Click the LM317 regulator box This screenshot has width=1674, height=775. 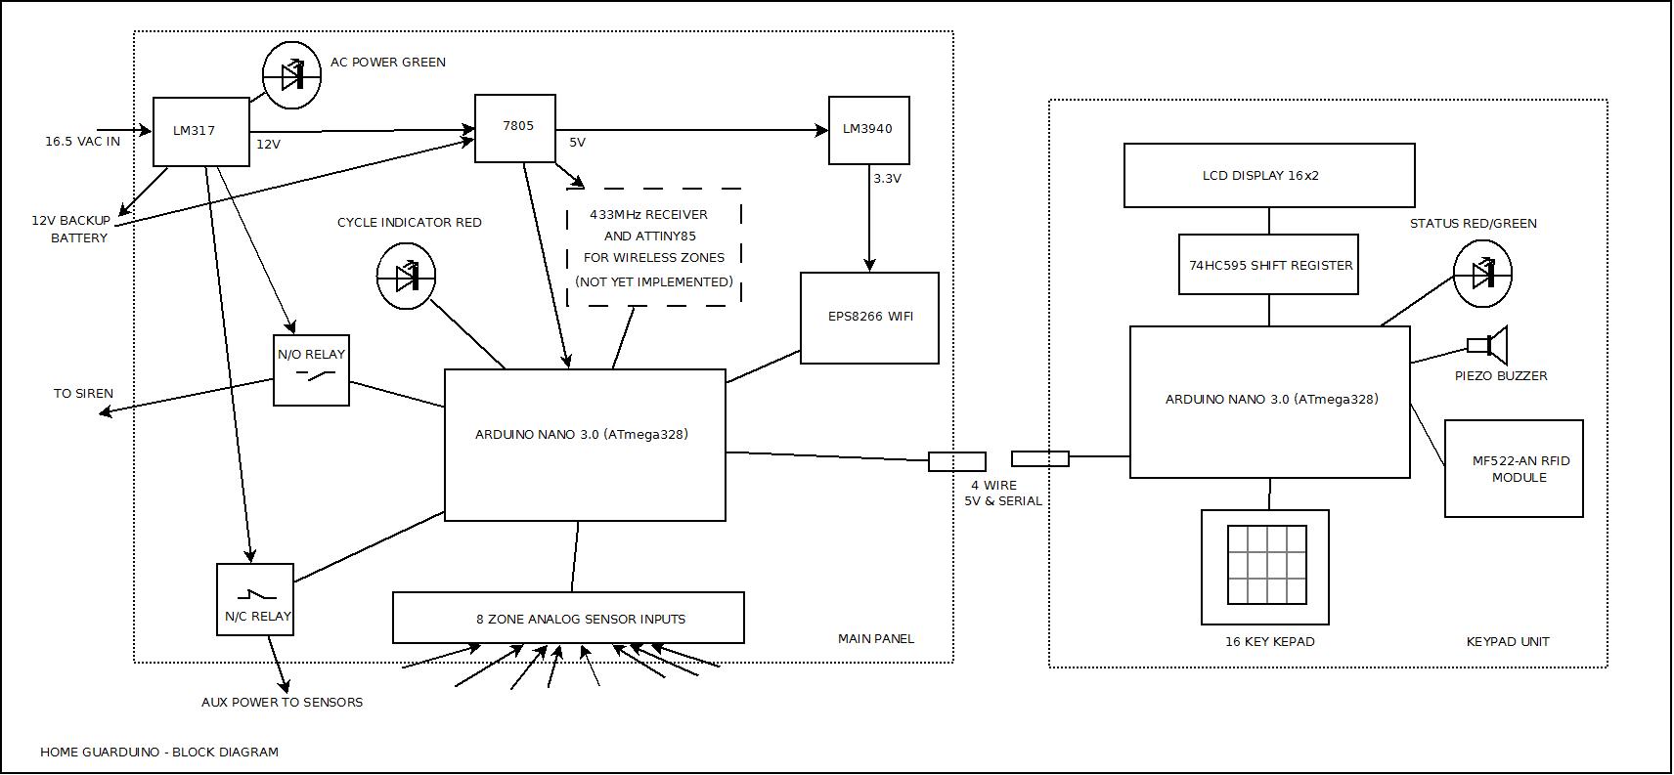point(200,131)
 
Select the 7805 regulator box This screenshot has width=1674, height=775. point(515,128)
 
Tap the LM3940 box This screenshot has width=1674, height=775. point(868,129)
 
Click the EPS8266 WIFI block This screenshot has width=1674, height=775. point(868,318)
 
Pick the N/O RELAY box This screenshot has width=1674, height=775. point(311,370)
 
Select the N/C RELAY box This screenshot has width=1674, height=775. point(255,599)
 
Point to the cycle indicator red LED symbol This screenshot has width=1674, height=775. point(406,278)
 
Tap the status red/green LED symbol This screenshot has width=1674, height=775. point(1482,275)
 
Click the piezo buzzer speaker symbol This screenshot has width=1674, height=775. point(1489,345)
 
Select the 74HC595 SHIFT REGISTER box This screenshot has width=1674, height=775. point(1268,265)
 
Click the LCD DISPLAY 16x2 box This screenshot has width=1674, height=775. point(1268,176)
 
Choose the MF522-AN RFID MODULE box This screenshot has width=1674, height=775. point(1513,469)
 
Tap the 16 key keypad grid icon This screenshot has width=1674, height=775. point(1266,565)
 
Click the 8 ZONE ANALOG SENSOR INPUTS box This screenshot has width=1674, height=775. point(568,618)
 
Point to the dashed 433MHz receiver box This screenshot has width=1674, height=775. point(654,247)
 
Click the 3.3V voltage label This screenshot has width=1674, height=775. point(887,179)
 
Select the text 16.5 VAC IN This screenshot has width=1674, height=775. point(82,142)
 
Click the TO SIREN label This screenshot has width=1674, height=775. point(83,393)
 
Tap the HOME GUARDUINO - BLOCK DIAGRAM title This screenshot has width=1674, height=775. point(159,752)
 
